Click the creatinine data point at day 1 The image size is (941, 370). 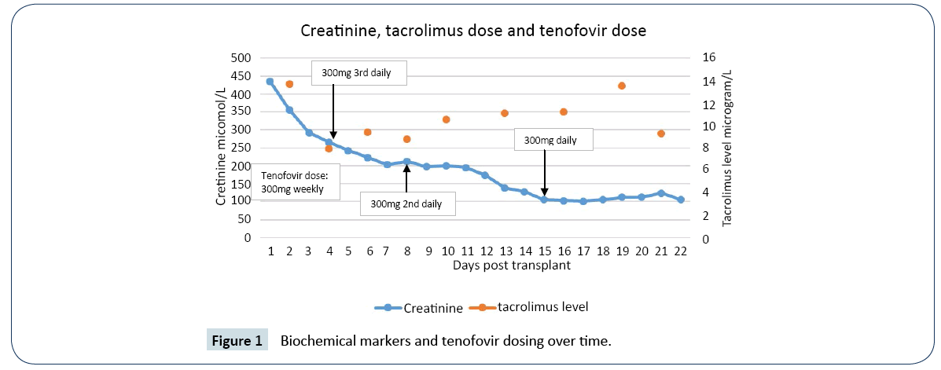coord(270,81)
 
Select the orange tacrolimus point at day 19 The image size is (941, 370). coord(622,86)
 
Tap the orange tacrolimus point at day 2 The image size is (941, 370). coord(289,84)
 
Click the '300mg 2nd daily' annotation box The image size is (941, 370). coord(406,203)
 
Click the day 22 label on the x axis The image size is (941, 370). coord(681,251)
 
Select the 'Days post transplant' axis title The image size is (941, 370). coord(512,266)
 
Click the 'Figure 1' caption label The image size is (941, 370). coord(237,341)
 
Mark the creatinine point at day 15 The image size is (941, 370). coord(544,200)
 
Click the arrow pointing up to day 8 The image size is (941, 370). coord(406,177)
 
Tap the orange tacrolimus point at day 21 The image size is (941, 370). coord(661,134)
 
